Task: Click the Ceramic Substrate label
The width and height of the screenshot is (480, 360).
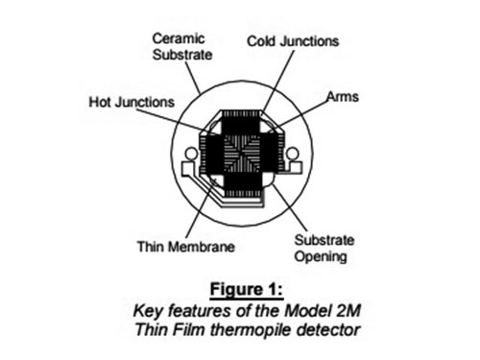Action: pos(182,47)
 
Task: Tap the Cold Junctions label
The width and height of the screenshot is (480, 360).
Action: pos(293,41)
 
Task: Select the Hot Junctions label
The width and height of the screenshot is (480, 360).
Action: pos(132,102)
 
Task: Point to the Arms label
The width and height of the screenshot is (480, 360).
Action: pos(343,96)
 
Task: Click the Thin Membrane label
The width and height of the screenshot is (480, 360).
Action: pos(186,247)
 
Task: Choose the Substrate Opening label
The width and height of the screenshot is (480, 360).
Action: pos(324,249)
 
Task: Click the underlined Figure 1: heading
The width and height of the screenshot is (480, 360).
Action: pos(247,290)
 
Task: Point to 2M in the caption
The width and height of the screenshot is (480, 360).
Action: pos(348,311)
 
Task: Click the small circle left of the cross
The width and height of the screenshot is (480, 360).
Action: pos(191,154)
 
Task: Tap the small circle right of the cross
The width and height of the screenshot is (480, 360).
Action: pos(293,154)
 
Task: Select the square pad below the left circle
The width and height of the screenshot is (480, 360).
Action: pos(189,169)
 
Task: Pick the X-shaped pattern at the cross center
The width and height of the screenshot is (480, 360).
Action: pos(242,154)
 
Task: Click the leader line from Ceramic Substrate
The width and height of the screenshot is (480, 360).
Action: pos(193,78)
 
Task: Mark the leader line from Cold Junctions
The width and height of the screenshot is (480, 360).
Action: pos(277,82)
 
